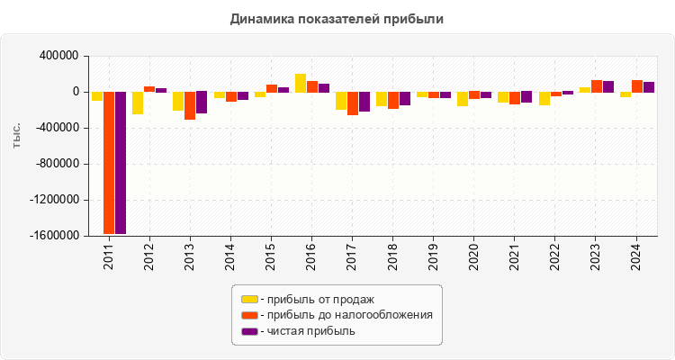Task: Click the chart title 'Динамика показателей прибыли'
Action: tap(337, 18)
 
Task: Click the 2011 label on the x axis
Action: tap(109, 257)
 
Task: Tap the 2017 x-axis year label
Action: tap(353, 257)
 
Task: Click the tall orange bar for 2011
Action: tap(109, 163)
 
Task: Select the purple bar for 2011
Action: tap(121, 163)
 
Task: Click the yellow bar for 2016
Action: tap(301, 83)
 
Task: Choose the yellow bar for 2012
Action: tap(138, 103)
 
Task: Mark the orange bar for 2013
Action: tap(190, 105)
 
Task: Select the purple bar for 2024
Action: tap(649, 87)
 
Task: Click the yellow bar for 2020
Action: tap(463, 99)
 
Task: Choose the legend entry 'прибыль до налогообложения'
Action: tap(346, 315)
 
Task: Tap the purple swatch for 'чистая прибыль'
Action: tap(249, 331)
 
